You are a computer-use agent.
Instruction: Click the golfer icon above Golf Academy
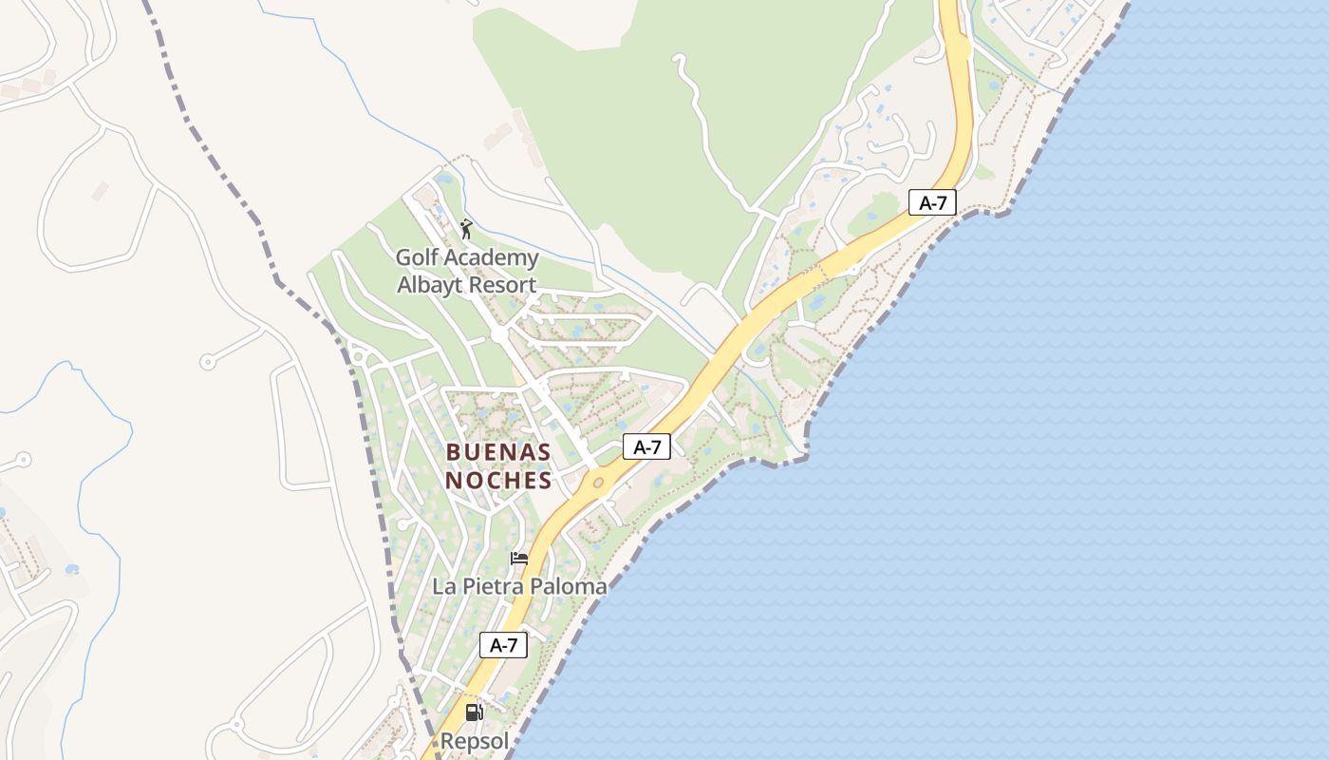465,229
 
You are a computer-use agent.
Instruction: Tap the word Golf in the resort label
416,257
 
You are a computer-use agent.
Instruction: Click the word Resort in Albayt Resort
505,285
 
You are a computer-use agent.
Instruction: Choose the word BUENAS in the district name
498,452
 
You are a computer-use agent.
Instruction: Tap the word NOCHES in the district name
498,481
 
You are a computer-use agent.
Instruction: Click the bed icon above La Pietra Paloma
519,558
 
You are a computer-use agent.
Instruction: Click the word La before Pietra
443,587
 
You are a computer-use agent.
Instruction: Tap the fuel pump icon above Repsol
474,712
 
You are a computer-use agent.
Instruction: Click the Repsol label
475,741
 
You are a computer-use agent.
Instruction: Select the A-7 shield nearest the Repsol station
503,645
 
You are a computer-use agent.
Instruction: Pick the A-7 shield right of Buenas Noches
646,446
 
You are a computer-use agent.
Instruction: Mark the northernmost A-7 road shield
932,201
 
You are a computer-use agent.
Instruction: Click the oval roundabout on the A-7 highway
598,484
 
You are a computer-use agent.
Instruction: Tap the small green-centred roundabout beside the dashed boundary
358,357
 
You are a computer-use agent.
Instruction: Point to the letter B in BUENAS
453,452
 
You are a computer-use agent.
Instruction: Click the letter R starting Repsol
447,741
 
